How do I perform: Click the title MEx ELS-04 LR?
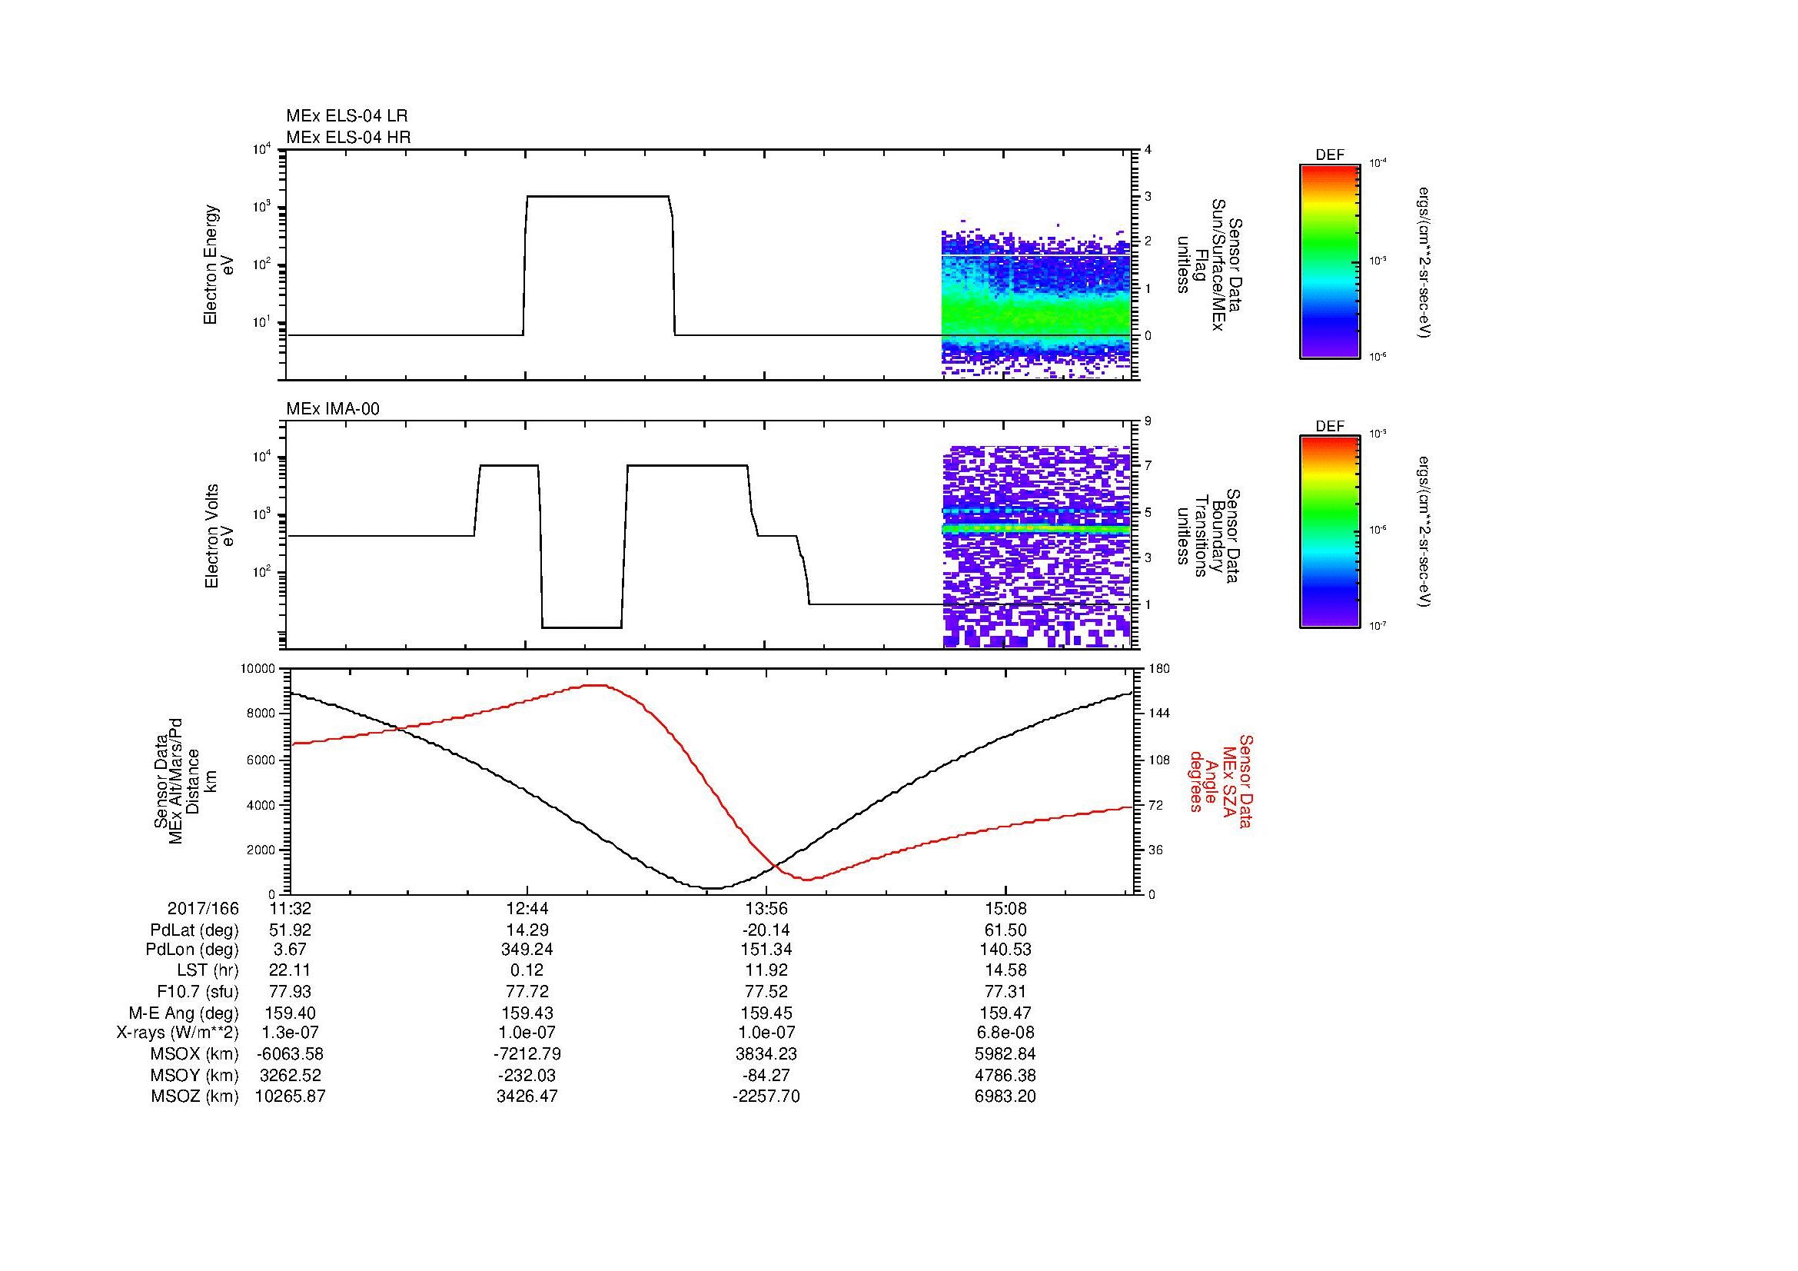tap(347, 116)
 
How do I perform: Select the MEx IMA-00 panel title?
tap(333, 409)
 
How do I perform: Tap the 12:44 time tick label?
tap(527, 909)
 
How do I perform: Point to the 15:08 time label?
tap(1005, 909)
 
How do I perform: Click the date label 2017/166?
tap(203, 909)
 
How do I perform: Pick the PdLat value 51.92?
tap(291, 930)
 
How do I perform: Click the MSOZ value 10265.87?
tap(291, 1096)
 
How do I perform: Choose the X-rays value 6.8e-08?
tap(1005, 1033)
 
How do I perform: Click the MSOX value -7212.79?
tap(527, 1054)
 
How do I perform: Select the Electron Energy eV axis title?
tap(219, 265)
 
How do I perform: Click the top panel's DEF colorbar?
tap(1330, 261)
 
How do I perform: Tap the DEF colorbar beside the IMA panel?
tap(1330, 532)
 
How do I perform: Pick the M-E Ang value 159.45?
tap(766, 1013)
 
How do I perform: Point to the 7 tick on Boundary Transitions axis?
tap(1148, 466)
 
